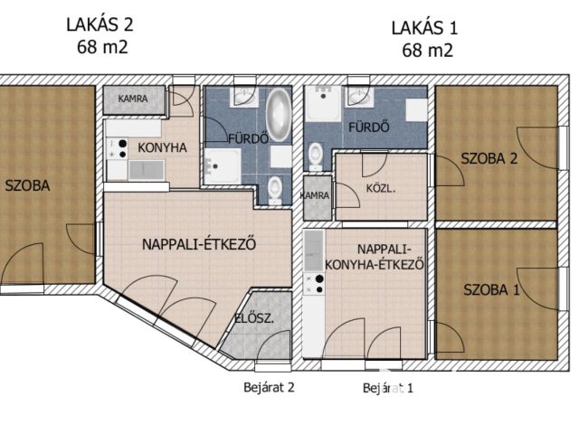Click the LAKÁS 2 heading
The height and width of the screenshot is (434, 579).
[100, 24]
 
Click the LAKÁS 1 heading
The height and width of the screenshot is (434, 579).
[424, 28]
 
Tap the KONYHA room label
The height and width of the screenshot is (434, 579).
[163, 147]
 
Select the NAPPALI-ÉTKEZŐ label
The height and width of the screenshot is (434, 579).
[199, 244]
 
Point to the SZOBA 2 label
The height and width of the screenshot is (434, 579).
[489, 159]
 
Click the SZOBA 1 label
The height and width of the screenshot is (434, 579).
[491, 289]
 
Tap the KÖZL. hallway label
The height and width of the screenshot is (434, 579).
[381, 189]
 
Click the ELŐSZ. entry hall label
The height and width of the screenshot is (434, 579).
[255, 318]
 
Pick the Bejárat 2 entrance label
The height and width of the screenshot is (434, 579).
[269, 387]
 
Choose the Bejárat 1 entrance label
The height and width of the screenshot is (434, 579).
[388, 388]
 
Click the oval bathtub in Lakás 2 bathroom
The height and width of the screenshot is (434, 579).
[279, 115]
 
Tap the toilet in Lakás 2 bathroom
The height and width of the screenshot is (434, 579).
[274, 189]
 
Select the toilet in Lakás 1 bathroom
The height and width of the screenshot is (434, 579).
[316, 156]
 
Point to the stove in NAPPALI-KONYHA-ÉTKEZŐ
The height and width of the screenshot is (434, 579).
[314, 284]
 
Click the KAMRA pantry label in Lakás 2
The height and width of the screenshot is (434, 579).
[133, 99]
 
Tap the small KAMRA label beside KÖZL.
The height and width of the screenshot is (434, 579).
[315, 195]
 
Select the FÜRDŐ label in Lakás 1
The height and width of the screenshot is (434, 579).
[369, 127]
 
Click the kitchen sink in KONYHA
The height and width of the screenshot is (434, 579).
[147, 169]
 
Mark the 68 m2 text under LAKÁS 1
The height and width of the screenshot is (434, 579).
[427, 51]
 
